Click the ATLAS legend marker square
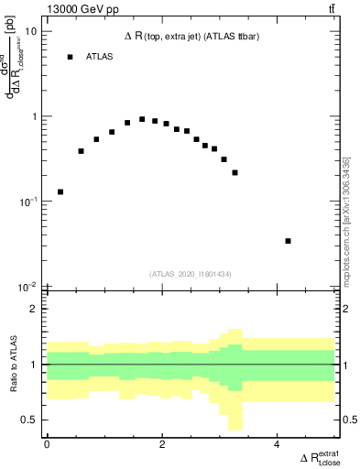(x=70, y=57)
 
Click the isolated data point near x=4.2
(x=289, y=241)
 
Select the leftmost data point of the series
(x=60, y=191)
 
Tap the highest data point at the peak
(x=142, y=119)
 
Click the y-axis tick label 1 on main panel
(x=34, y=116)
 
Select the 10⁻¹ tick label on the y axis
(x=28, y=202)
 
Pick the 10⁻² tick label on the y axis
(x=28, y=287)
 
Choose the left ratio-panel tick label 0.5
(x=30, y=420)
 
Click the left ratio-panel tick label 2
(x=34, y=309)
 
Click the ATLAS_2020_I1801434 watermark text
(x=190, y=274)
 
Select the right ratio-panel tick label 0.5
(x=347, y=420)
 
